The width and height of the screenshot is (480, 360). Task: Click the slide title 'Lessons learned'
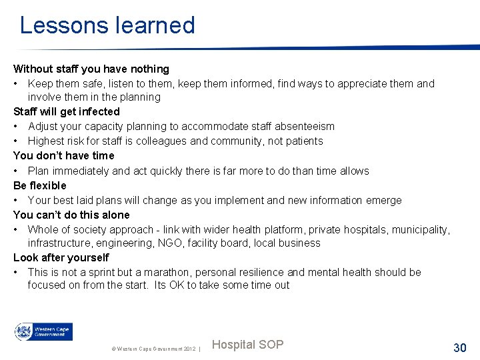coord(107,25)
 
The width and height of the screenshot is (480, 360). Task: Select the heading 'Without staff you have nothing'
coord(91,69)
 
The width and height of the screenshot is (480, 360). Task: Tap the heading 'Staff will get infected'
coord(67,111)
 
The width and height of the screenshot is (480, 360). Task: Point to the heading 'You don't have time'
coord(64,155)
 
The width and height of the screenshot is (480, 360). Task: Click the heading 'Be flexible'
coord(40,185)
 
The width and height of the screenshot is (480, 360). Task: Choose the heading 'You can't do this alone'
coord(71,215)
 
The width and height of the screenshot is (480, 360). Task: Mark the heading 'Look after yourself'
coord(61,257)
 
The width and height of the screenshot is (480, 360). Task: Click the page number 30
coord(460,347)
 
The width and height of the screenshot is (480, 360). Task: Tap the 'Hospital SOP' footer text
coord(247,345)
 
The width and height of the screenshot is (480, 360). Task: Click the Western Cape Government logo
coord(43,332)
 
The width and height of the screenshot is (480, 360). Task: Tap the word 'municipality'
coord(420,229)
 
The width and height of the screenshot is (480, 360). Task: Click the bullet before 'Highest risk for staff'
coord(16,141)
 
